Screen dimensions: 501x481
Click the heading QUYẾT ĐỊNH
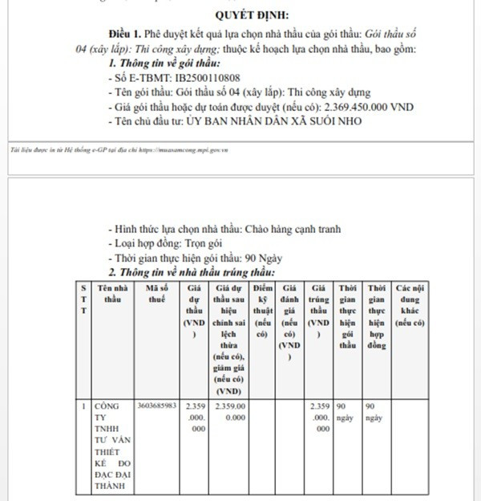pos(253,15)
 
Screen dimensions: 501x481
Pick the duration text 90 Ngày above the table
pos(265,259)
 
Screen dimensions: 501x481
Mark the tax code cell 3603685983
pos(156,405)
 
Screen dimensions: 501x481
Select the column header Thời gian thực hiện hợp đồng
pos(377,316)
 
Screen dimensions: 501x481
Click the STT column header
pos(83,298)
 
